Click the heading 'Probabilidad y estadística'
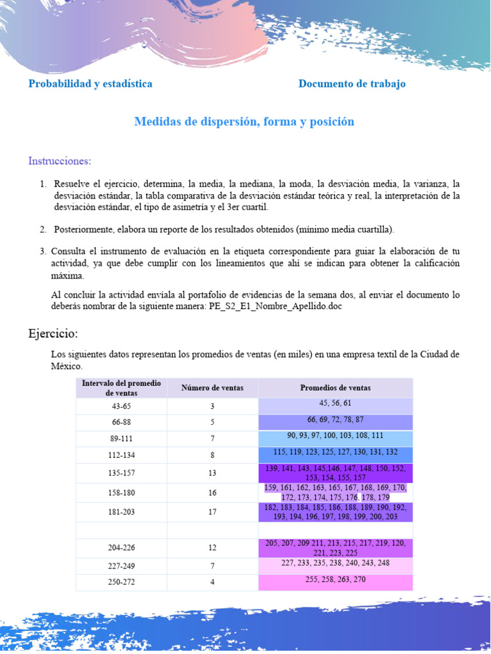point(90,84)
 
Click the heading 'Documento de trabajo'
point(352,84)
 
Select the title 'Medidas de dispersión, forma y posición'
point(244,121)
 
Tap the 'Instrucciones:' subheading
point(59,160)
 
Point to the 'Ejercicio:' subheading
point(53,333)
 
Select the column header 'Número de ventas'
point(212,388)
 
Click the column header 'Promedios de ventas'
point(335,388)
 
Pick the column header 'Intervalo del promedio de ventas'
point(121,388)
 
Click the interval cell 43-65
point(121,406)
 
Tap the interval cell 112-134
point(121,455)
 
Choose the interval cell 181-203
point(121,512)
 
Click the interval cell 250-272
point(121,582)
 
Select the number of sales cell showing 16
point(212,493)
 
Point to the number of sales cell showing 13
point(212,473)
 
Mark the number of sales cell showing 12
point(212,548)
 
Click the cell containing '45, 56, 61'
point(335,404)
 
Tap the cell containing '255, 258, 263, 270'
point(335,579)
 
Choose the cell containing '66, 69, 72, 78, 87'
point(335,420)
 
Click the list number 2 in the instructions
point(43,229)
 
